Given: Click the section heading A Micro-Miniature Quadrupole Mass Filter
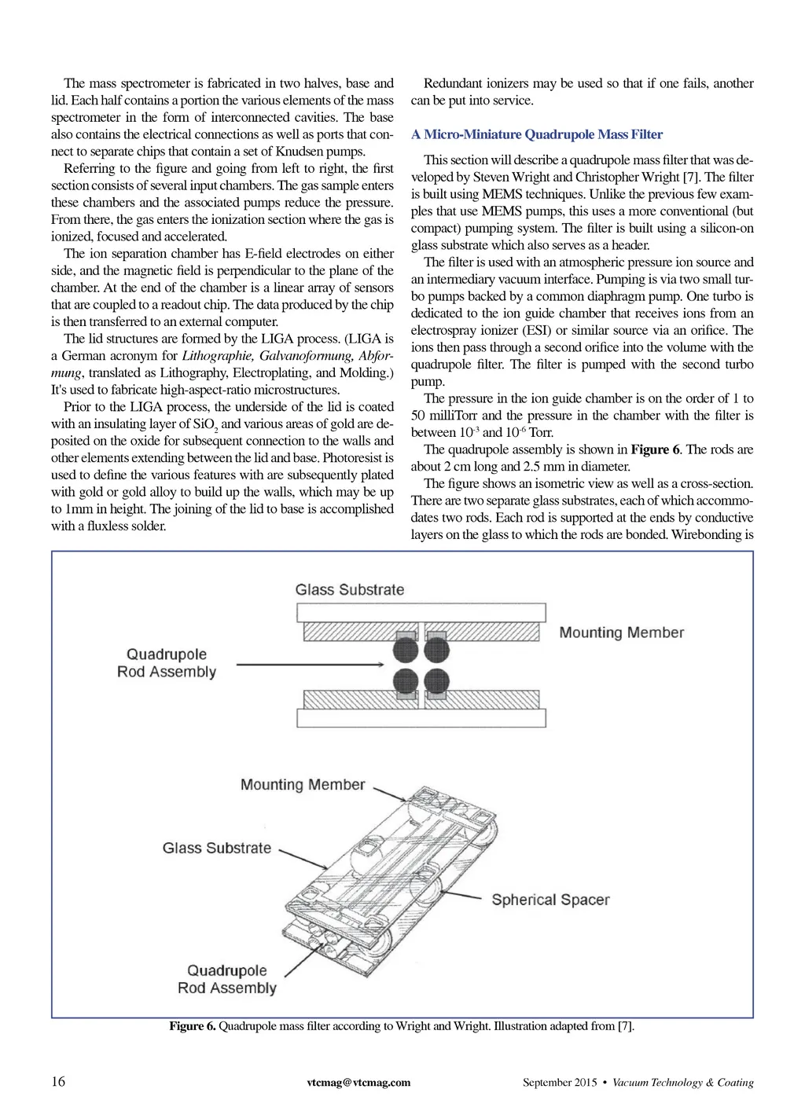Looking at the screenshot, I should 536,134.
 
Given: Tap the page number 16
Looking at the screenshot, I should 58,1081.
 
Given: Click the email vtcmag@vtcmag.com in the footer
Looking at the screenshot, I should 358,1082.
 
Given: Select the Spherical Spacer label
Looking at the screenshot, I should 550,900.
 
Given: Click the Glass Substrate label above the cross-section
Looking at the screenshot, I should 350,589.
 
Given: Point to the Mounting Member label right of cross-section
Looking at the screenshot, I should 621,632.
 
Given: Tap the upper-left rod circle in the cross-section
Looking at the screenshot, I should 406,650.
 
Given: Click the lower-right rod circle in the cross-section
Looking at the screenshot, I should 436,680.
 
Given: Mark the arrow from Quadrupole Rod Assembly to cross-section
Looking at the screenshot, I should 311,665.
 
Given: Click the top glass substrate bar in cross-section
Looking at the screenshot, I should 421,612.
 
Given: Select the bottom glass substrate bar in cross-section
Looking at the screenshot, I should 421,718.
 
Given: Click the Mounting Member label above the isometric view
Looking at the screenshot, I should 303,784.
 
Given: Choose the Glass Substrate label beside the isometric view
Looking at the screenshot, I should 216,848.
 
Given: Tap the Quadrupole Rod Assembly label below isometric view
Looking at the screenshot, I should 227,979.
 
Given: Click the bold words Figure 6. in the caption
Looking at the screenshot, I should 192,1026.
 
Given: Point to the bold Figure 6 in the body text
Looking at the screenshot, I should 655,449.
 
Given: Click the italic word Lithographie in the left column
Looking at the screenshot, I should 218,356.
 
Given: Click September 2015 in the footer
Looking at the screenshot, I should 560,1082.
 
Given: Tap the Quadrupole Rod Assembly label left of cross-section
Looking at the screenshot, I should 167,662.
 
